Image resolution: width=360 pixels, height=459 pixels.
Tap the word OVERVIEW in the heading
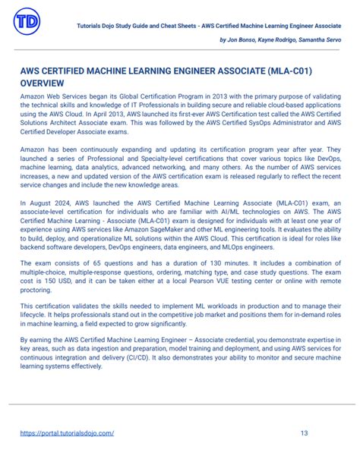[x=43, y=82]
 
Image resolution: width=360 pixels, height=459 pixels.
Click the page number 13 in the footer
[x=304, y=433]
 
